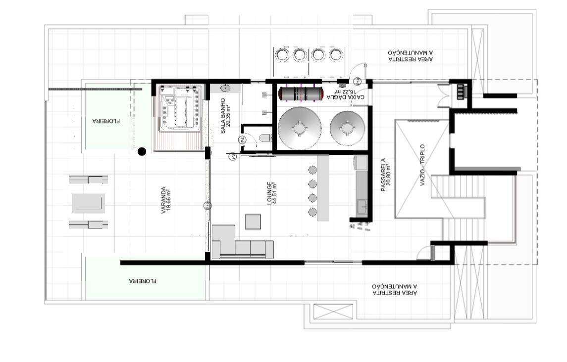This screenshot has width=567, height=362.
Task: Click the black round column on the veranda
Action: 142,151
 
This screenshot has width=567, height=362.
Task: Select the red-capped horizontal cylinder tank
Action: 301,93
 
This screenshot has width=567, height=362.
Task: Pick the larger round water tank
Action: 300,128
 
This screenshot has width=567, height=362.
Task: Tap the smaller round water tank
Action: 347,128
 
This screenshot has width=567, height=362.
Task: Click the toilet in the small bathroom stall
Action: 265,138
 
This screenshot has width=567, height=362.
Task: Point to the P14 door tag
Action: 357,81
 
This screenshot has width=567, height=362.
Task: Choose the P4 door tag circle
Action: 243,140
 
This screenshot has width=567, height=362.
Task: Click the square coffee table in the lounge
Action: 253,221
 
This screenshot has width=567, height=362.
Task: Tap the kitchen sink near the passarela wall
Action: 361,205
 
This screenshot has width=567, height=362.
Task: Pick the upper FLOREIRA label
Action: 106,120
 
